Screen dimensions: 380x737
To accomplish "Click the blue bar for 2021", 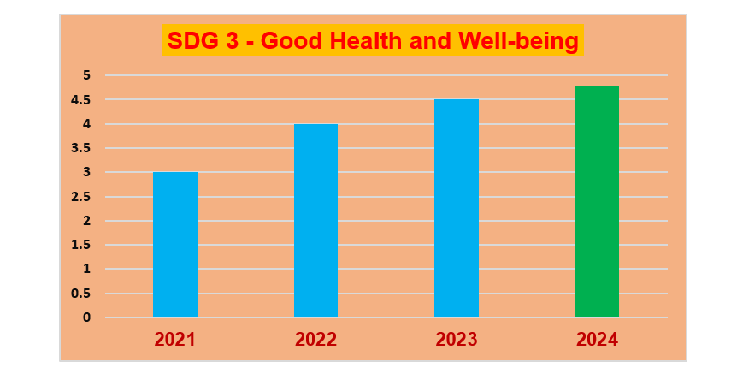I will (175, 245).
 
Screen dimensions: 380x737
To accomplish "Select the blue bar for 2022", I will (315, 221).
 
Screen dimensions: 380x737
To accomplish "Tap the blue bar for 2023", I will (457, 209).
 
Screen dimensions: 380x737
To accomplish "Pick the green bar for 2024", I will (597, 201).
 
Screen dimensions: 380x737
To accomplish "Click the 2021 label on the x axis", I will (175, 340).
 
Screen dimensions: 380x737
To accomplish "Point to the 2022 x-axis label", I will (315, 340).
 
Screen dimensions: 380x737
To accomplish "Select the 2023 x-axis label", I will (457, 340).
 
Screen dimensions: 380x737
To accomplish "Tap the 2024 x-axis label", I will (597, 340).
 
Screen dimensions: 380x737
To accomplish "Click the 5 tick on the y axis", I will (86, 75).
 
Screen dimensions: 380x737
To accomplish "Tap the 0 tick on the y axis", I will (86, 318).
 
